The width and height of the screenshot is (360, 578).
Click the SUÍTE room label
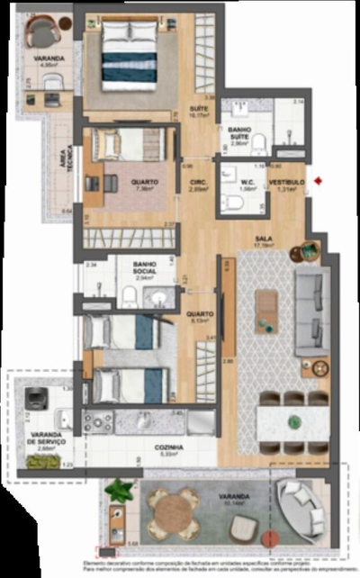[x=198, y=109]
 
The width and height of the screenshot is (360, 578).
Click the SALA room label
[x=264, y=239]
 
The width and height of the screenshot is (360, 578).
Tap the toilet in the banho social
[x=130, y=297]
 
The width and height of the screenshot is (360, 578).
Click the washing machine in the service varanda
[x=36, y=398]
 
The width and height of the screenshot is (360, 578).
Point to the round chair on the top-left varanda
[x=42, y=34]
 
